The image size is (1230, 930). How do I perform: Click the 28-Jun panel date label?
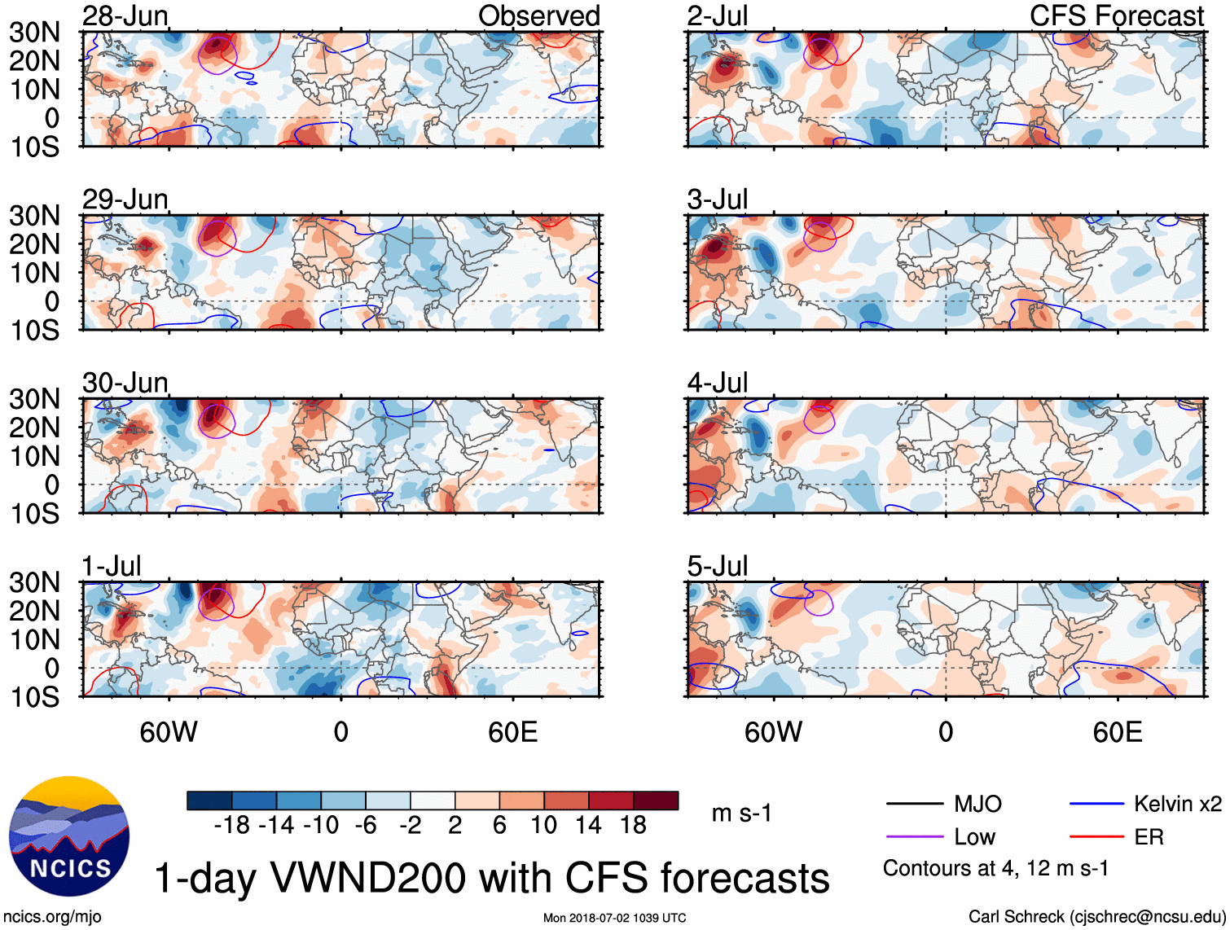click(x=125, y=15)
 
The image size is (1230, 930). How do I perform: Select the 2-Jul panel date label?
click(x=717, y=15)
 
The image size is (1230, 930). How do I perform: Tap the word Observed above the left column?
click(x=538, y=15)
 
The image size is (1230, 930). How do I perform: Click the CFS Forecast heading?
click(x=1116, y=15)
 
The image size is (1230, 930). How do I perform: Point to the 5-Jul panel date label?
click(x=717, y=566)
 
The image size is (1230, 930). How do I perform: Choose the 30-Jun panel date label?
click(x=125, y=383)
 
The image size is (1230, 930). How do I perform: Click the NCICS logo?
click(x=69, y=836)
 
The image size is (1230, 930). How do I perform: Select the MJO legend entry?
click(x=977, y=805)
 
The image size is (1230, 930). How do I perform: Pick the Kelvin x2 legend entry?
click(x=1177, y=805)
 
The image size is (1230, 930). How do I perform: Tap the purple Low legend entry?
click(x=974, y=837)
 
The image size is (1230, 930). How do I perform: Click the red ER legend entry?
click(x=1149, y=837)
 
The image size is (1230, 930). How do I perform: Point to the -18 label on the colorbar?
click(x=232, y=826)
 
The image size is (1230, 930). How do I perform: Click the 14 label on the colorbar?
click(x=588, y=826)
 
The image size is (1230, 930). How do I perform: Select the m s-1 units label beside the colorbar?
click(x=741, y=814)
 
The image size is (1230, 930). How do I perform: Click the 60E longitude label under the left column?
click(x=512, y=732)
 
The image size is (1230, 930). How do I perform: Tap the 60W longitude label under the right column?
click(x=773, y=732)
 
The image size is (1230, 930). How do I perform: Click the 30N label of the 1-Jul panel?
click(x=34, y=583)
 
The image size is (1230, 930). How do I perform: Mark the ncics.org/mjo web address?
click(x=52, y=917)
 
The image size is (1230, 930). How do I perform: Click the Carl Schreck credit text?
click(x=1096, y=917)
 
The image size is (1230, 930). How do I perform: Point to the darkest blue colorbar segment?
click(x=209, y=801)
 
